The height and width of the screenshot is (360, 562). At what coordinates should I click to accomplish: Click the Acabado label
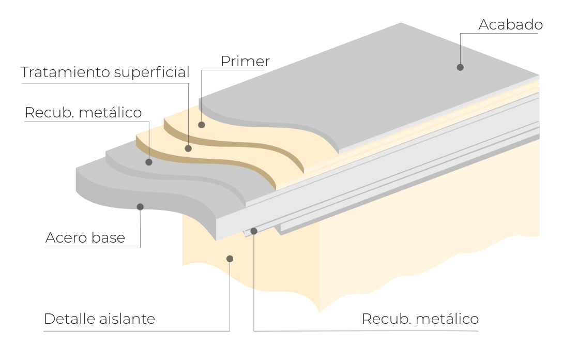511,25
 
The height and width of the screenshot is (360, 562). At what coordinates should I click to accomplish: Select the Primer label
245,62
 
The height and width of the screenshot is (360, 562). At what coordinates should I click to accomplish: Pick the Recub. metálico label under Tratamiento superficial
83,113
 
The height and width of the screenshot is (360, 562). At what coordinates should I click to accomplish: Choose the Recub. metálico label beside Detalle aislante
420,319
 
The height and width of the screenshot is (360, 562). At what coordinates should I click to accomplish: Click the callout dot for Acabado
460,67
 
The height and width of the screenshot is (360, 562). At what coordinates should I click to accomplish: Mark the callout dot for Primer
202,125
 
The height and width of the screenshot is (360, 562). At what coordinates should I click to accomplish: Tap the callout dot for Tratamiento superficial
188,148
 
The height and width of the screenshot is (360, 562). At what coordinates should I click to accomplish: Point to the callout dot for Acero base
140,207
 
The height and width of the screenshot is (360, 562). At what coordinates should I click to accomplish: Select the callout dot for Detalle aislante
230,259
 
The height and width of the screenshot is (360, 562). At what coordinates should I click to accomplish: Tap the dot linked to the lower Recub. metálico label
254,231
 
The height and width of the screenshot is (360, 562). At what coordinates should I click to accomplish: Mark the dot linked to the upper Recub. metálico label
149,162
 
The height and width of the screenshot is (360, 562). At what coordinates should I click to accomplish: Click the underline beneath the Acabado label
499,33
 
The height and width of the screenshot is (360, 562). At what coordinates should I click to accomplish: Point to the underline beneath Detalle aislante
136,331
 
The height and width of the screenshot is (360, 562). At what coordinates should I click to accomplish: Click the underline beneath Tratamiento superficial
105,84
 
